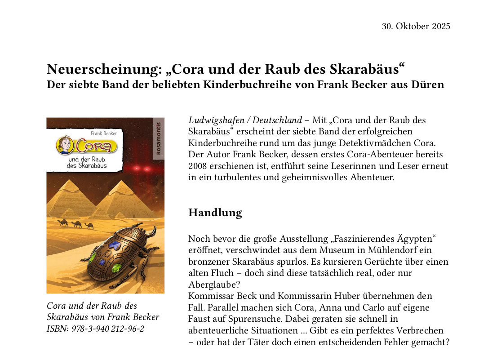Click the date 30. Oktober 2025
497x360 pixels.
(x=416, y=26)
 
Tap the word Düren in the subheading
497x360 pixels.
(x=428, y=84)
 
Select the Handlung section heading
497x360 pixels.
(x=215, y=213)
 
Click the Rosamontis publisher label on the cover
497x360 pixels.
(x=158, y=139)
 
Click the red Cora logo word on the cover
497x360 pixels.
(x=95, y=146)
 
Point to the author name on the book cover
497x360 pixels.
(x=104, y=133)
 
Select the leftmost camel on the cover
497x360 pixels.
(x=63, y=222)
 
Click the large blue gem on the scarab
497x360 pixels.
(x=115, y=245)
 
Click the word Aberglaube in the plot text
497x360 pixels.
(x=213, y=284)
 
